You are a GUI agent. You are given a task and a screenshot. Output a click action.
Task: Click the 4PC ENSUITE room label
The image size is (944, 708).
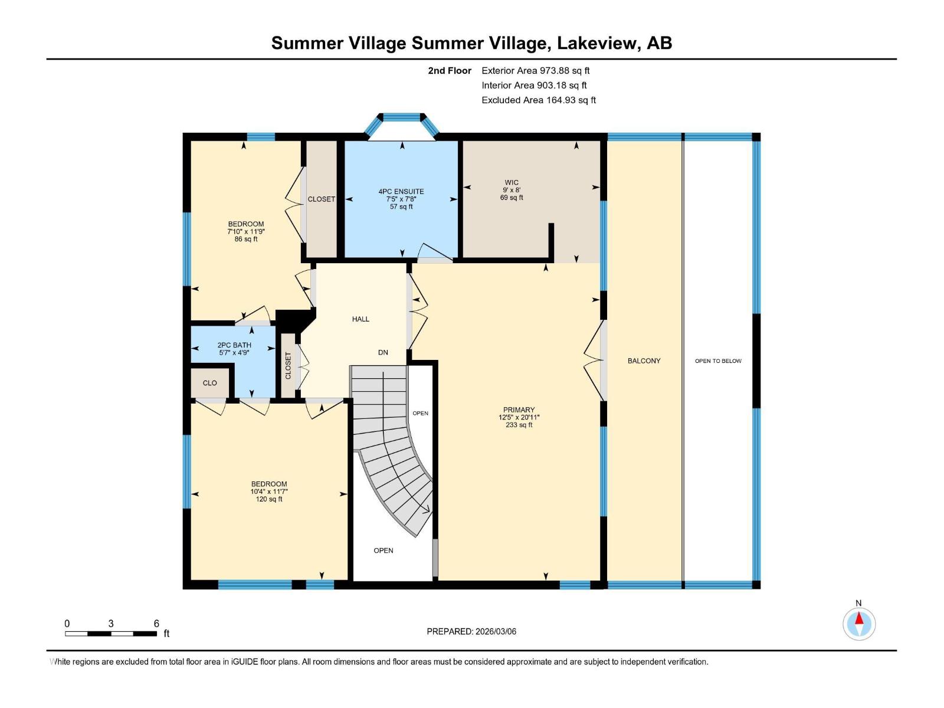pos(401,192)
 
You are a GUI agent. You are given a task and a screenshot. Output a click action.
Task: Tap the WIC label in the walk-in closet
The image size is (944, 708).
pos(512,182)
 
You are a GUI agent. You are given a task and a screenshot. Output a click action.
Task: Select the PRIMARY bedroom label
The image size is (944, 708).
pos(519,409)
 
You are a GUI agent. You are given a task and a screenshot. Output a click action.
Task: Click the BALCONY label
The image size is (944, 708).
pos(644,360)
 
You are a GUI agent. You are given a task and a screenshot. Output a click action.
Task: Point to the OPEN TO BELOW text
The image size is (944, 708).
pos(718,361)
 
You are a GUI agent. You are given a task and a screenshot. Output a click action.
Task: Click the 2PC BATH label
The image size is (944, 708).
pos(234,345)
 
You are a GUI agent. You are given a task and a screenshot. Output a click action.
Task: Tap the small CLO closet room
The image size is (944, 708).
pos(209,383)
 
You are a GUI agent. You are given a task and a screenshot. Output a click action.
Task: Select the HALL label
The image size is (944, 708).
pos(360,319)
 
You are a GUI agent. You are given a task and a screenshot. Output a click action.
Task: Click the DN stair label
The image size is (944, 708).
pos(383,352)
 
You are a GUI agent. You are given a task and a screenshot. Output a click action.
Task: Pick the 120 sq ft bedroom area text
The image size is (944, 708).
pos(269,499)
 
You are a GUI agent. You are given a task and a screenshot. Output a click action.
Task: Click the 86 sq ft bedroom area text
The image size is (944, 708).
pos(246,239)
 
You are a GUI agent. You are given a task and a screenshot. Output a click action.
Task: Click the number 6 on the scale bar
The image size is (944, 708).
pos(156,624)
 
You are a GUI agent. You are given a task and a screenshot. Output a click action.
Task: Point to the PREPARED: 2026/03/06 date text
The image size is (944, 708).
pos(471,631)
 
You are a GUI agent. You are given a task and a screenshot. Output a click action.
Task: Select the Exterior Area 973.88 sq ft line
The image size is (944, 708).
pos(535,71)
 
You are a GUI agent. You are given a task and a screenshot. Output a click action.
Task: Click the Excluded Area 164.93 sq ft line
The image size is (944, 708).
pos(538,100)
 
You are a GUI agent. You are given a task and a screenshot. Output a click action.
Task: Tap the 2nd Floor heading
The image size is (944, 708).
pos(450,71)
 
